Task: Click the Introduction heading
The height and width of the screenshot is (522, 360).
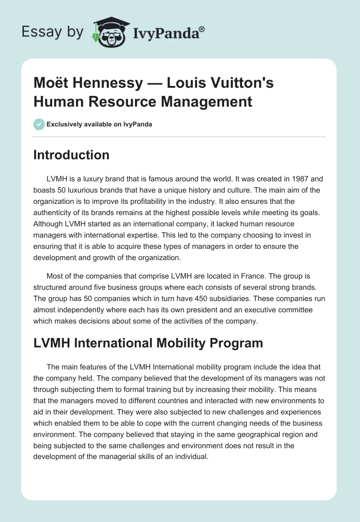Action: (x=72, y=155)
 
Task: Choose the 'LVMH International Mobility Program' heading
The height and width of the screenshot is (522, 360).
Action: (x=148, y=343)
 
